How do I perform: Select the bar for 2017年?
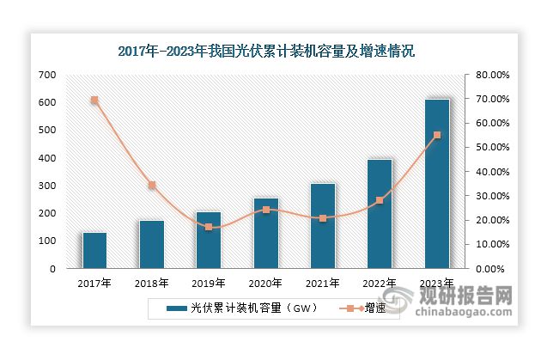click(94, 250)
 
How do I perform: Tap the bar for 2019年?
click(209, 240)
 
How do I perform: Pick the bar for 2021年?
click(323, 226)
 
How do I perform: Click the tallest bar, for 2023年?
click(437, 184)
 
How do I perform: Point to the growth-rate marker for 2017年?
click(94, 101)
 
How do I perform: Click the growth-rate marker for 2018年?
click(152, 185)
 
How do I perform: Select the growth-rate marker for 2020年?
click(266, 210)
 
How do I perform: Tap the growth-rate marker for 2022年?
click(380, 200)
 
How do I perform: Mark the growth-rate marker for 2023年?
click(437, 135)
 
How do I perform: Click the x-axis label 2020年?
click(266, 282)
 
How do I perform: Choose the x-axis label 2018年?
click(152, 282)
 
